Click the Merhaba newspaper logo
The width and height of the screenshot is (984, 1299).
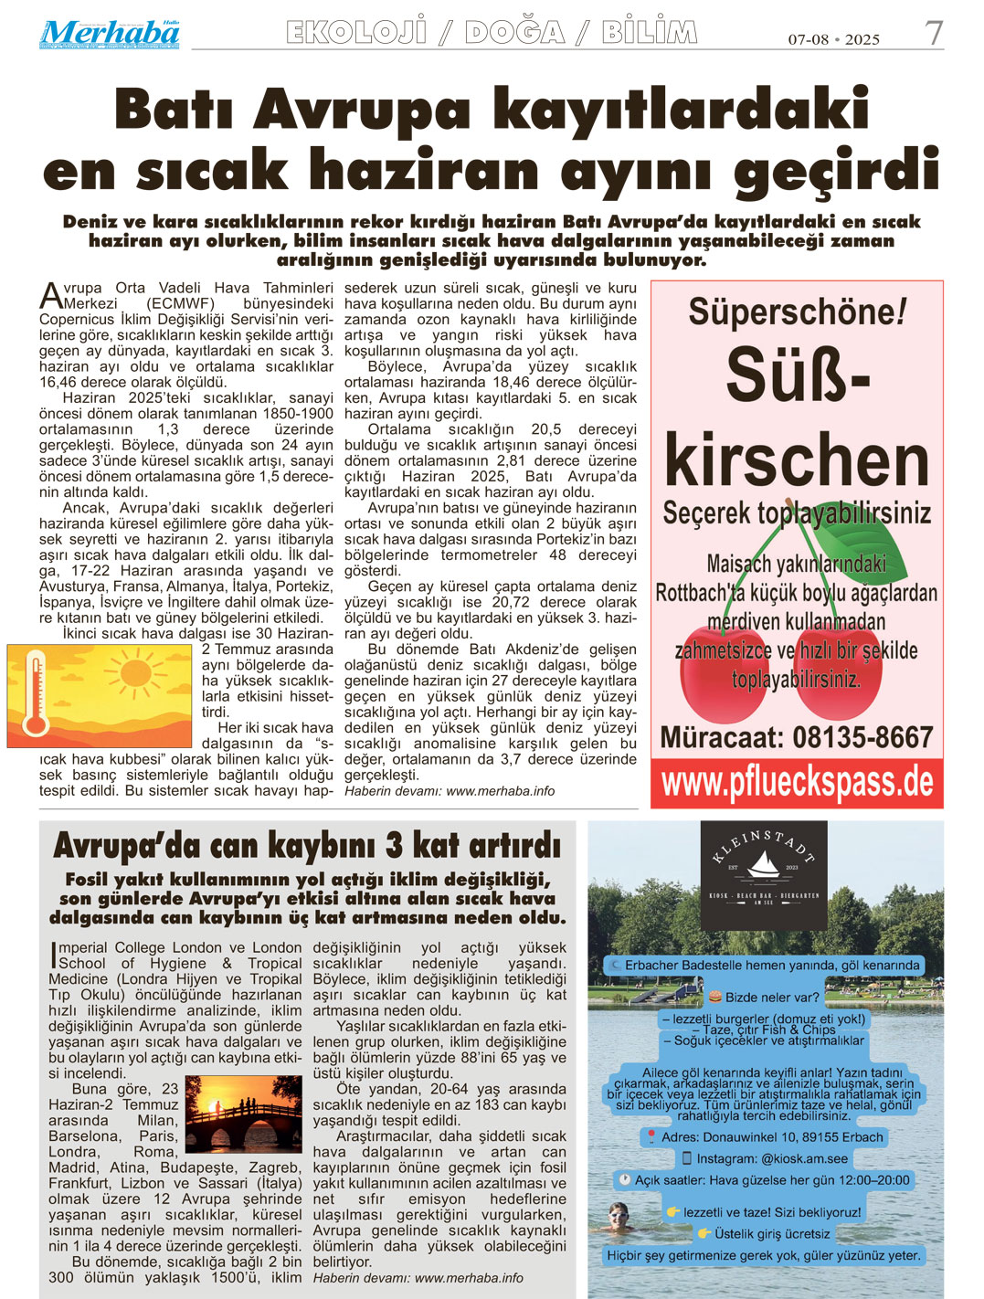(109, 34)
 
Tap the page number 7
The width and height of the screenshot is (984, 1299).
(933, 35)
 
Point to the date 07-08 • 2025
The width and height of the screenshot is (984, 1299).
(833, 39)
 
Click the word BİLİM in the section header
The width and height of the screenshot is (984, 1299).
(649, 33)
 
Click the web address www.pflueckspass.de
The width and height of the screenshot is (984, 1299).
(797, 783)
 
